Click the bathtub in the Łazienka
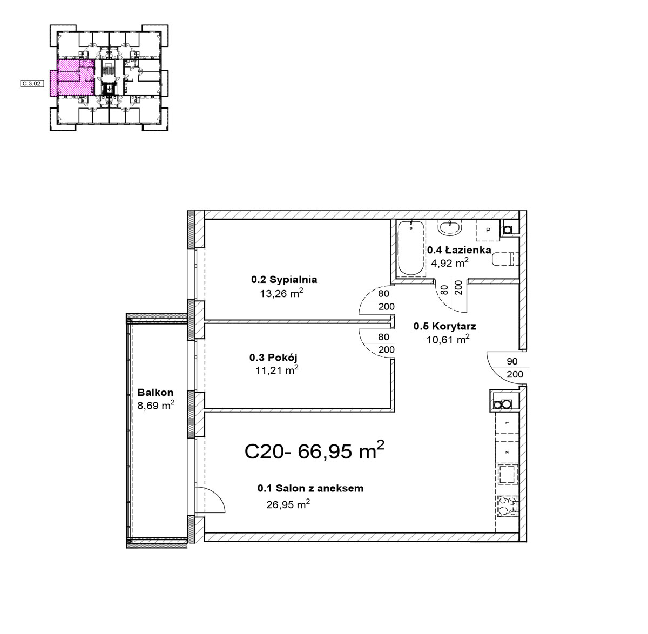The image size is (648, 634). click(411, 248)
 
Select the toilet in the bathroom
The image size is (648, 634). click(505, 259)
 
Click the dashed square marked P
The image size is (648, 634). click(488, 230)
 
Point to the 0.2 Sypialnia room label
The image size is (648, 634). click(284, 279)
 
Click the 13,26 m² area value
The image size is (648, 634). click(281, 293)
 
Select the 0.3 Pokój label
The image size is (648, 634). click(273, 358)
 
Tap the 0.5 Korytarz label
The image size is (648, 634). click(444, 326)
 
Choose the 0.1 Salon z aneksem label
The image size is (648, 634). click(310, 488)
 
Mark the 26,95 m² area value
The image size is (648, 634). click(288, 504)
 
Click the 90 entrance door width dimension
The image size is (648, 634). click(512, 361)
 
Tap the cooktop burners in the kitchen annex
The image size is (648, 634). click(508, 506)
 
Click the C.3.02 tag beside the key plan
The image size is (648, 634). click(32, 84)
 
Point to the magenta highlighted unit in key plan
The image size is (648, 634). click(72, 78)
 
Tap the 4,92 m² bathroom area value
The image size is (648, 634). click(449, 262)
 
